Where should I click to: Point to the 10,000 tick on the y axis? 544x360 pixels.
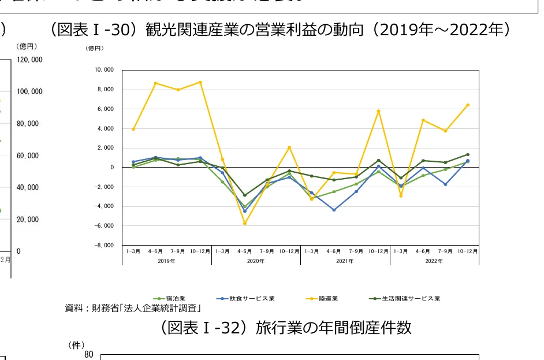(x=104, y=70)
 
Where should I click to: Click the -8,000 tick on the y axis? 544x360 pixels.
(x=104, y=245)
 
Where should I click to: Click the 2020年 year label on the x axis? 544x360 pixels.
(x=256, y=261)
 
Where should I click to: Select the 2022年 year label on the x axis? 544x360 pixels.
(x=434, y=261)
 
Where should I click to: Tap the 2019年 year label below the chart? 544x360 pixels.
(x=166, y=261)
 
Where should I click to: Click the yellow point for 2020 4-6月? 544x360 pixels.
(x=245, y=223)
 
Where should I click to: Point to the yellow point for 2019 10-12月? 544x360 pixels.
(x=200, y=82)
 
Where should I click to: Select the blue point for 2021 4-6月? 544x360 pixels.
(x=334, y=210)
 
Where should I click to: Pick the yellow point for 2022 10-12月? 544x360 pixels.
(x=468, y=105)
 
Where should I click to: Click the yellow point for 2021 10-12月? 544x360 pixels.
(x=378, y=111)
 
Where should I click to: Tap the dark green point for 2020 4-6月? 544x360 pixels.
(x=245, y=195)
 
